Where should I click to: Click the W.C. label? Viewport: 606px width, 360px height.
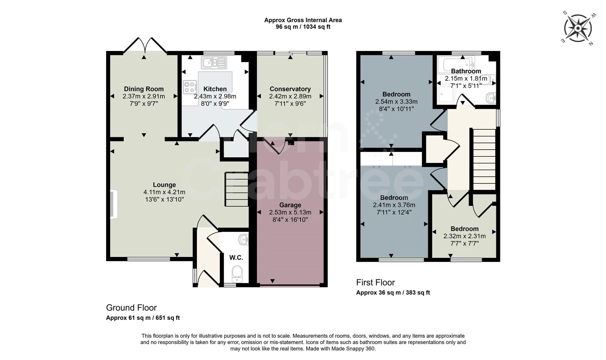tap(236, 258)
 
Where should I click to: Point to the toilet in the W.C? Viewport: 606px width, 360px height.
tap(237, 274)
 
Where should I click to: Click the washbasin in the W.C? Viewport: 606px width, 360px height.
tap(244, 239)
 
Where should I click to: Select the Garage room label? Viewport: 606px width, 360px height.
tap(290, 205)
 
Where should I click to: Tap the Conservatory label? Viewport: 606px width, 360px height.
tap(290, 89)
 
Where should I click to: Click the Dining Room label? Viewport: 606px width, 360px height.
tap(144, 89)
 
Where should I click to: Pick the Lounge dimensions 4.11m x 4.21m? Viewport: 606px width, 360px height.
tap(164, 192)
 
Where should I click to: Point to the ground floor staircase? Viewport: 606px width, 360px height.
tap(237, 189)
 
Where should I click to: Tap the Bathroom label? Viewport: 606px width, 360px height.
tap(466, 71)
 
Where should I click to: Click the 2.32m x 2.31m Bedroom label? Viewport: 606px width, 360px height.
tap(465, 229)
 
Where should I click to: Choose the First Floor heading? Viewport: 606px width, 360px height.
tap(376, 283)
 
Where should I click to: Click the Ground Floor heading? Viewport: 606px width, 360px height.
tap(131, 308)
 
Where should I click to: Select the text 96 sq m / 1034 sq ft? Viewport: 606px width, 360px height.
tap(303, 27)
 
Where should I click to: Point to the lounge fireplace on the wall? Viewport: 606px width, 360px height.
tap(114, 204)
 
